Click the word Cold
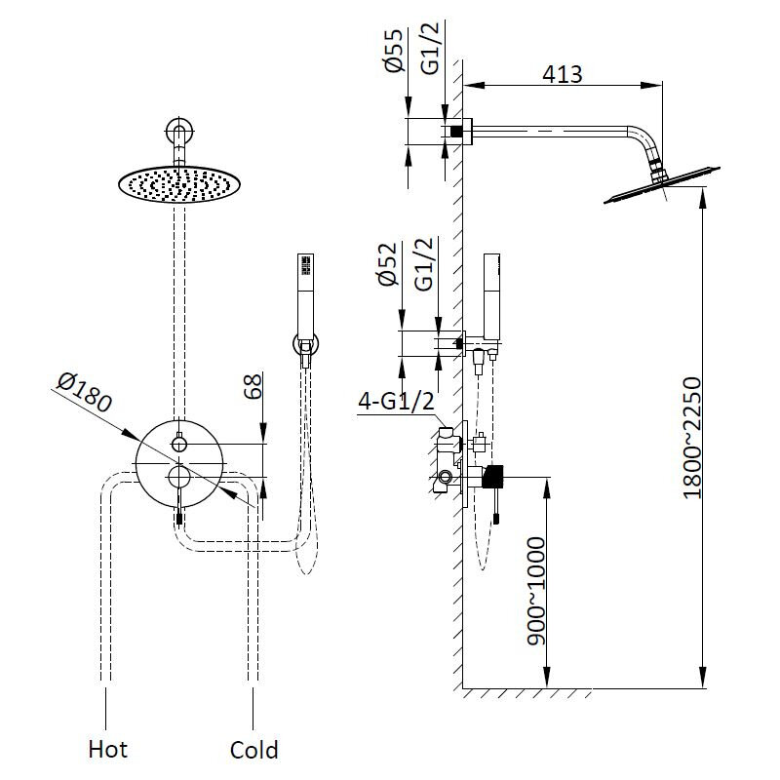click(x=253, y=749)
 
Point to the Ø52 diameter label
click(x=389, y=265)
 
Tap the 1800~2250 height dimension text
click(x=691, y=438)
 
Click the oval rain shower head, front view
click(x=179, y=183)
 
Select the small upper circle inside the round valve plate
click(x=179, y=444)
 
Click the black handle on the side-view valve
click(x=494, y=476)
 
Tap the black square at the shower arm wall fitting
click(x=455, y=130)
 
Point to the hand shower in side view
click(x=491, y=292)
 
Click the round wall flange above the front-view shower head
click(x=179, y=131)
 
